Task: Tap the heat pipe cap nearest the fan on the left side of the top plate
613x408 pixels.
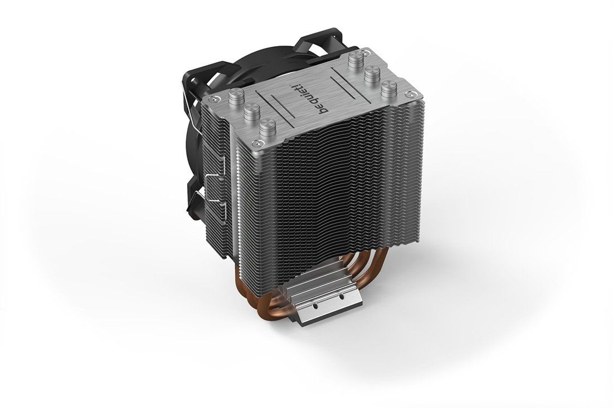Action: tap(236, 96)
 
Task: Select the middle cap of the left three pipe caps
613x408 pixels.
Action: tap(252, 112)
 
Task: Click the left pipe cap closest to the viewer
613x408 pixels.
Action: tap(268, 127)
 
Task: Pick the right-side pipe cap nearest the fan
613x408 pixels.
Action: tap(356, 60)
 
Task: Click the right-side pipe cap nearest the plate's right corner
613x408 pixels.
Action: tap(389, 89)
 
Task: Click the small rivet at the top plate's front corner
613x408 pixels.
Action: tap(256, 142)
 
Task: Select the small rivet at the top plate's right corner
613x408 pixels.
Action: tap(409, 94)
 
